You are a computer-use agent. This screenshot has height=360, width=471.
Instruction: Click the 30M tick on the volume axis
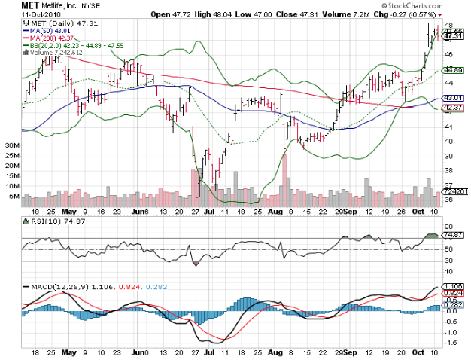pos(11,144)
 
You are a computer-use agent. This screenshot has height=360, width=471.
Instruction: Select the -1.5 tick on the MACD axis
pos(449,340)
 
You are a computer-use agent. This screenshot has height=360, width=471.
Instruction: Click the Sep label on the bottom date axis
pos(351,352)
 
